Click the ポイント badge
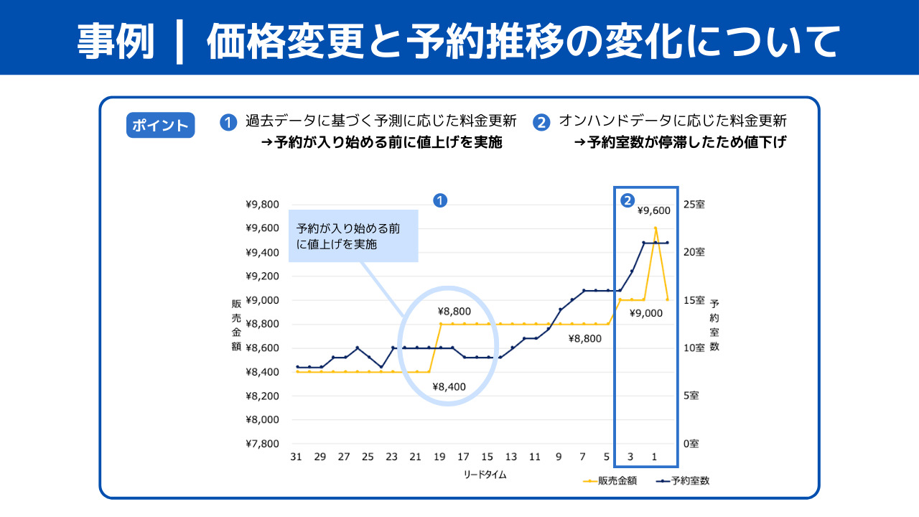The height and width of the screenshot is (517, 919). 160,125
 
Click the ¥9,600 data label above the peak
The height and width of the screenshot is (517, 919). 653,210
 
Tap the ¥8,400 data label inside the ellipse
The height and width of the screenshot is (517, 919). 449,386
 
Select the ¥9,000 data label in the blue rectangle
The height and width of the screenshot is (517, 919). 645,313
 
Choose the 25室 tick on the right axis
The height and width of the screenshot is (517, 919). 694,205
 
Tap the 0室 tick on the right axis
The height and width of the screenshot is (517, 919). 691,444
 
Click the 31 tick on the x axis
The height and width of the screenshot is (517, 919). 296,457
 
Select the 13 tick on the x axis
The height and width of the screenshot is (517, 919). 510,457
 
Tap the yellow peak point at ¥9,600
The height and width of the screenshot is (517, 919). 656,228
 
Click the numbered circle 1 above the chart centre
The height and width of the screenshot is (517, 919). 441,200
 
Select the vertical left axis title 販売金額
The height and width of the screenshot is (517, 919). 236,325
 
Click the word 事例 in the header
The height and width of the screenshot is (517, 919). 116,41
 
